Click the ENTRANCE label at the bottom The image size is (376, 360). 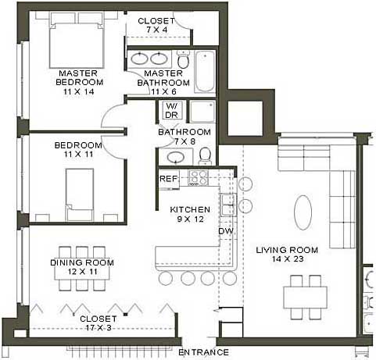pos(203,352)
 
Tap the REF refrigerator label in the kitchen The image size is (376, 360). pos(169,179)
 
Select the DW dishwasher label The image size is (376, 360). pos(226,231)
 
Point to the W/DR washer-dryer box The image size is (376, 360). pos(172,110)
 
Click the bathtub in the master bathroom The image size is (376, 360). pos(205,71)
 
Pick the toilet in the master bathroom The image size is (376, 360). pos(184,59)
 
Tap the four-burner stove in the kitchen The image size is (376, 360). pos(199,178)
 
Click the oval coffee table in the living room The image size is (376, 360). pos(303,212)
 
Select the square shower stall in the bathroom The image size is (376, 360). pos(202,112)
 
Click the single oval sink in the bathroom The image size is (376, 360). pos(176,157)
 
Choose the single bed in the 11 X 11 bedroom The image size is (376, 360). pos(80,194)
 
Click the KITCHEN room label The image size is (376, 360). pos(190,209)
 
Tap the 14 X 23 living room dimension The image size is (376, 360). pos(288,259)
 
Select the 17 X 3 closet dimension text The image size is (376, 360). pos(98,327)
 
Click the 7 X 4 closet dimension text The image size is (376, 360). pos(156,30)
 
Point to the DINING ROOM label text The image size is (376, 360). pos(82,262)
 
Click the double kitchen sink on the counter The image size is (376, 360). pos(228,205)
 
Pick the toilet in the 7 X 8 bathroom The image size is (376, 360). pos(206,156)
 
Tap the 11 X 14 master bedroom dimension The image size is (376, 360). pos(79,91)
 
